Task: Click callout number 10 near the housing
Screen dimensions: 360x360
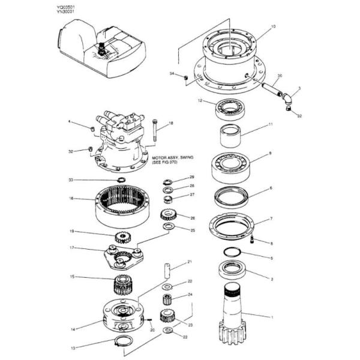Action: point(273,27)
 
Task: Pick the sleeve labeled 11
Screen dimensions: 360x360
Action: point(231,136)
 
